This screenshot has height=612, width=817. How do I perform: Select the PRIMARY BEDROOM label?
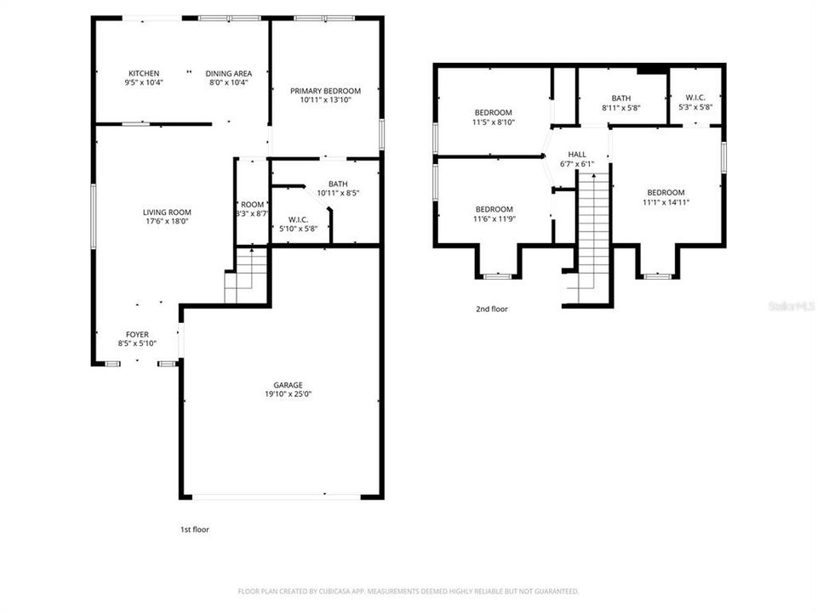coord(325,91)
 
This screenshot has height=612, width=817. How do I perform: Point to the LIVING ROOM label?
coord(167,212)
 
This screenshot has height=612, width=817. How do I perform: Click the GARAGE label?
coord(288,385)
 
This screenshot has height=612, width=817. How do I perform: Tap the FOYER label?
coord(136,334)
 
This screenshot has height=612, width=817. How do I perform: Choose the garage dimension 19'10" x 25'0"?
coord(288,394)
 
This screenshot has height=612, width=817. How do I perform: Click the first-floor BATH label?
coord(338,184)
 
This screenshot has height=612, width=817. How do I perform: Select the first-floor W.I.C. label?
coord(298,219)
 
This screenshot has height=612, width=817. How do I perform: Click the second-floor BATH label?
coord(620,98)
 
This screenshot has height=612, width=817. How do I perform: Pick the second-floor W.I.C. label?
coord(694,98)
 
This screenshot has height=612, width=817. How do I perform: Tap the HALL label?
coord(577,154)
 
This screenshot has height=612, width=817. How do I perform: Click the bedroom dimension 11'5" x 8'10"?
coord(494,122)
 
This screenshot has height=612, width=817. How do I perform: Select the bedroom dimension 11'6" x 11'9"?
coord(494,219)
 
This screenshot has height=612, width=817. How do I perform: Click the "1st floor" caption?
coord(194,530)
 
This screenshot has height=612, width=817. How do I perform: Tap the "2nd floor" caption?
coord(491,309)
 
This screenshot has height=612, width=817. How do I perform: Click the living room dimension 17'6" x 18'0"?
coord(167,222)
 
